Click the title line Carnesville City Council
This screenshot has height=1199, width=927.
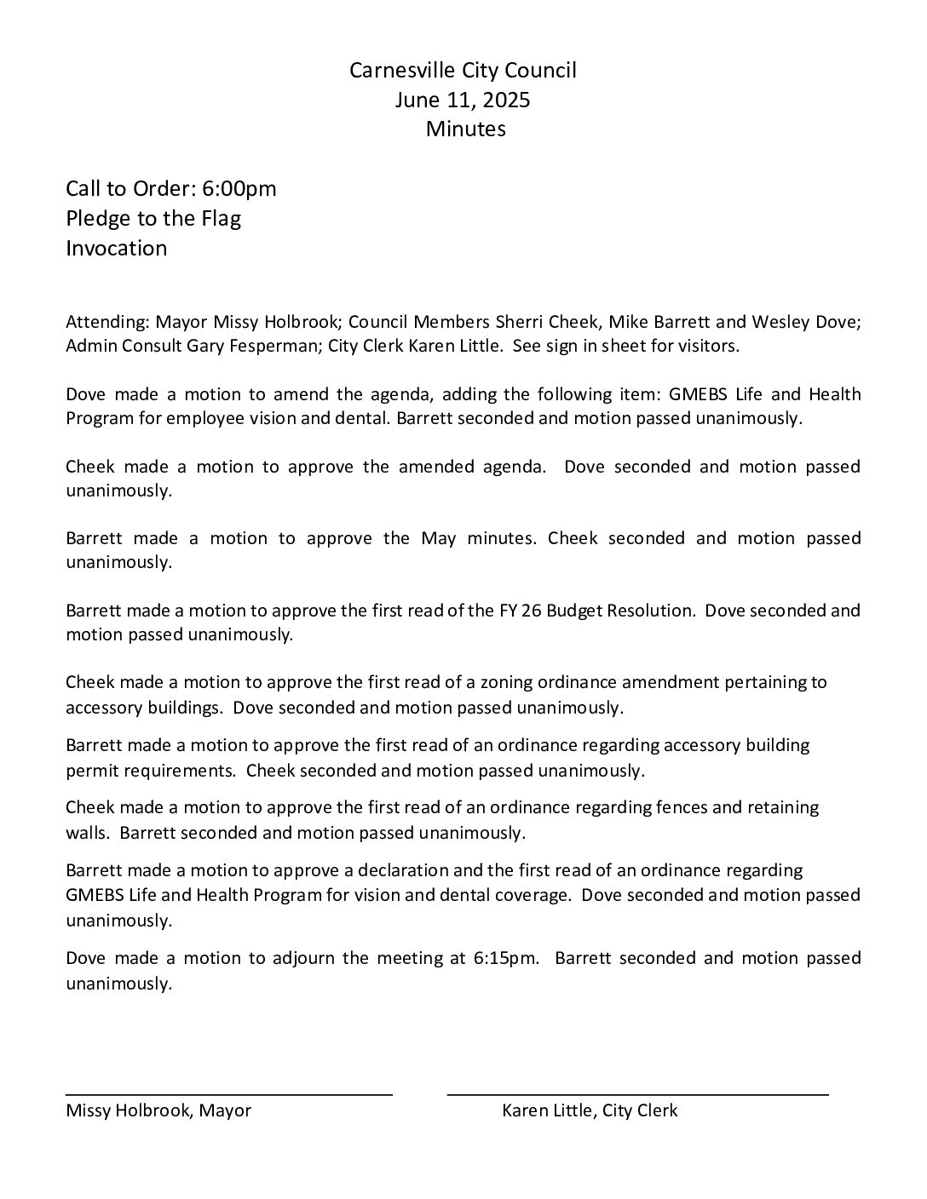[463, 71]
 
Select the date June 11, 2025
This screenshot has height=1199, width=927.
[463, 100]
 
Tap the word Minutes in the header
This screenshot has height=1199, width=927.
[465, 129]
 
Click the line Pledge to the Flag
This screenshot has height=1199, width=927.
[153, 219]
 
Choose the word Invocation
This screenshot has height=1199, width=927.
[117, 249]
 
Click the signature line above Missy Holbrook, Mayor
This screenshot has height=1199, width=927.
[229, 1093]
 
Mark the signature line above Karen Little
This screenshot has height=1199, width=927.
[637, 1093]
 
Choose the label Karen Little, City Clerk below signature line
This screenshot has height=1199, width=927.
[590, 1110]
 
